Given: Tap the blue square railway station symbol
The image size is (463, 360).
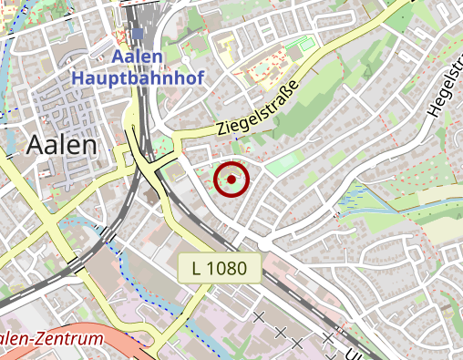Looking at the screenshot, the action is click(x=138, y=35).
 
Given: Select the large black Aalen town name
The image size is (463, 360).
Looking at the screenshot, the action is click(x=62, y=144).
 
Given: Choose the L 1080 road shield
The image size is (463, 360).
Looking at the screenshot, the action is click(x=221, y=268).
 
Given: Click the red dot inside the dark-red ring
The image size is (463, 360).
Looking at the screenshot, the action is click(x=231, y=180).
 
